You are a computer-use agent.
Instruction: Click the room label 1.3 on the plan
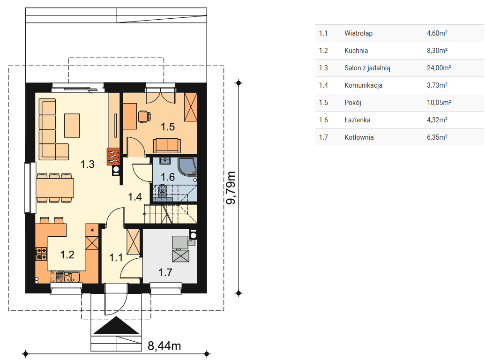point(88,164)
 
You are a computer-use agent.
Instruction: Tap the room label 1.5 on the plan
point(168,127)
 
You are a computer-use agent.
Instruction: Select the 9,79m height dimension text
point(231,187)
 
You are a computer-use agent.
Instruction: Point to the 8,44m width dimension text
point(164,346)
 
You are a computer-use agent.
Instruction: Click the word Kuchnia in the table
point(356,51)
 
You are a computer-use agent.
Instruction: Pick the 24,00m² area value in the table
point(439,67)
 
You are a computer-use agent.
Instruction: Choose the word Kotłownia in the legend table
point(359,137)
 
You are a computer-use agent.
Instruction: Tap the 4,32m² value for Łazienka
point(437,120)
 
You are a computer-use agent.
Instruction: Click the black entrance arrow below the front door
point(116,326)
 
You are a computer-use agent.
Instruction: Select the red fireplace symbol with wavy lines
point(113,157)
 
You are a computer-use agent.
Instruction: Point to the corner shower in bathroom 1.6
point(187,167)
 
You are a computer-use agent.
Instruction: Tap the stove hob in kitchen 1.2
point(41,254)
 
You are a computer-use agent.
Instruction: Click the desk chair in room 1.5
point(144,116)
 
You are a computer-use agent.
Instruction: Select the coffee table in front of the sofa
point(72,126)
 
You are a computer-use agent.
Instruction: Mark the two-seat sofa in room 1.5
point(167,146)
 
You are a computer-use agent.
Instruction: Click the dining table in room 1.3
point(55,188)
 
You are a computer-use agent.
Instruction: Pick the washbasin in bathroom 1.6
point(165,161)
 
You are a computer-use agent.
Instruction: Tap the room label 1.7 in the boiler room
point(165,272)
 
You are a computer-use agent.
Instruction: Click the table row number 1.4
point(323,85)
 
